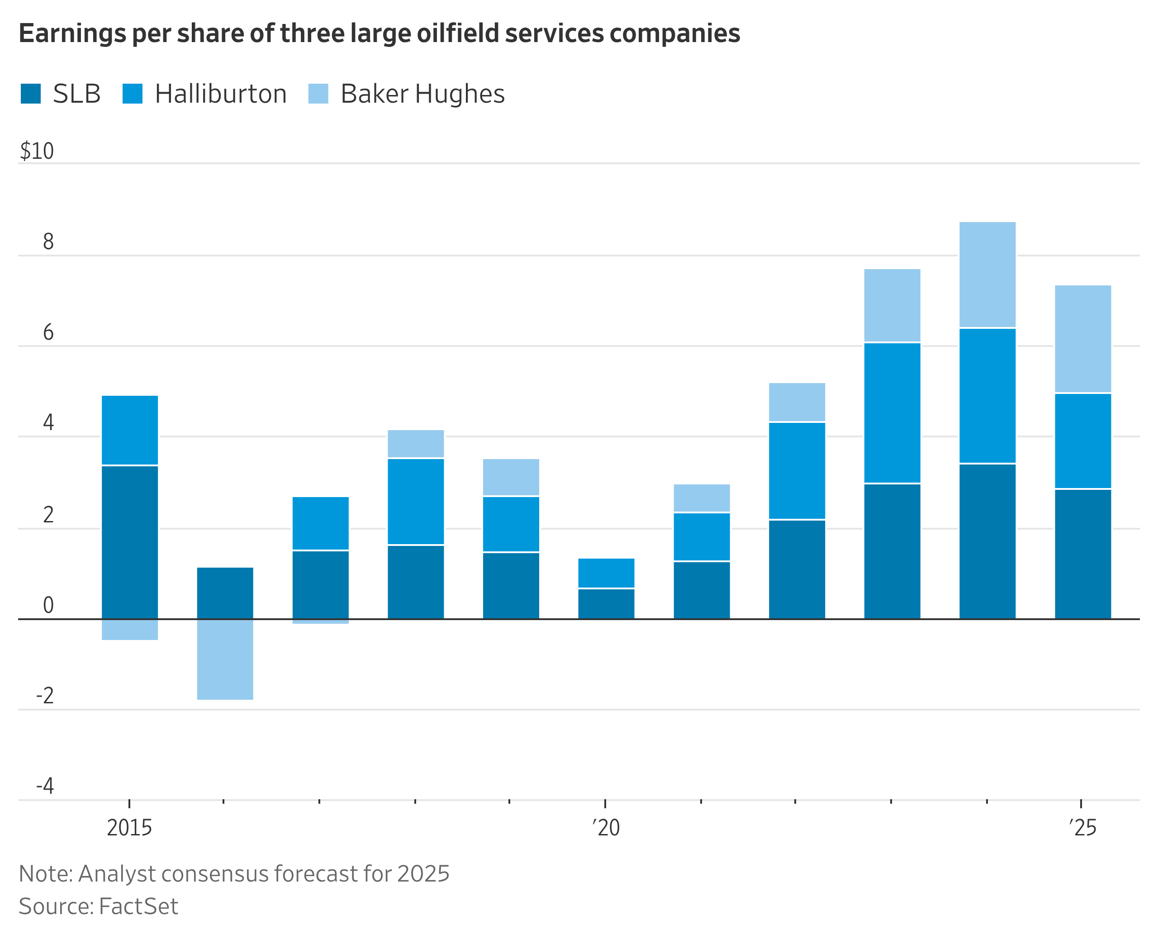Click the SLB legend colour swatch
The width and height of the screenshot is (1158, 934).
click(31, 94)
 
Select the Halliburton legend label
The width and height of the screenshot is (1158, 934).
click(221, 94)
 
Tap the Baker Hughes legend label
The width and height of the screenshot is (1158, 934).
click(422, 94)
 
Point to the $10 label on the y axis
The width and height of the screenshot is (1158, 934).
click(37, 151)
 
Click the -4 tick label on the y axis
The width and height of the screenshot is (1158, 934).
click(45, 786)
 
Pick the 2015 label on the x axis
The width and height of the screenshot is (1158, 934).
click(129, 827)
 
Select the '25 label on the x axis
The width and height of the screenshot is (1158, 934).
click(1082, 827)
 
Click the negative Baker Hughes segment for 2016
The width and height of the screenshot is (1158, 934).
click(225, 659)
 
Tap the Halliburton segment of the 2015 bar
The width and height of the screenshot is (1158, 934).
click(130, 430)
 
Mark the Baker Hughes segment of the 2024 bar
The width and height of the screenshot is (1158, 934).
click(987, 275)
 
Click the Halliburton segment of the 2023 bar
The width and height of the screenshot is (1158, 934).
click(892, 412)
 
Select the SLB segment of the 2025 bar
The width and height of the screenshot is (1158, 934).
click(1082, 554)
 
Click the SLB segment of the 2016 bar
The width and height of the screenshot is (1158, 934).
click(225, 593)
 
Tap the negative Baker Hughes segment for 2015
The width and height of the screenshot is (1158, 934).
click(130, 630)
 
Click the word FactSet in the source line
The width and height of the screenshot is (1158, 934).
click(138, 906)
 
